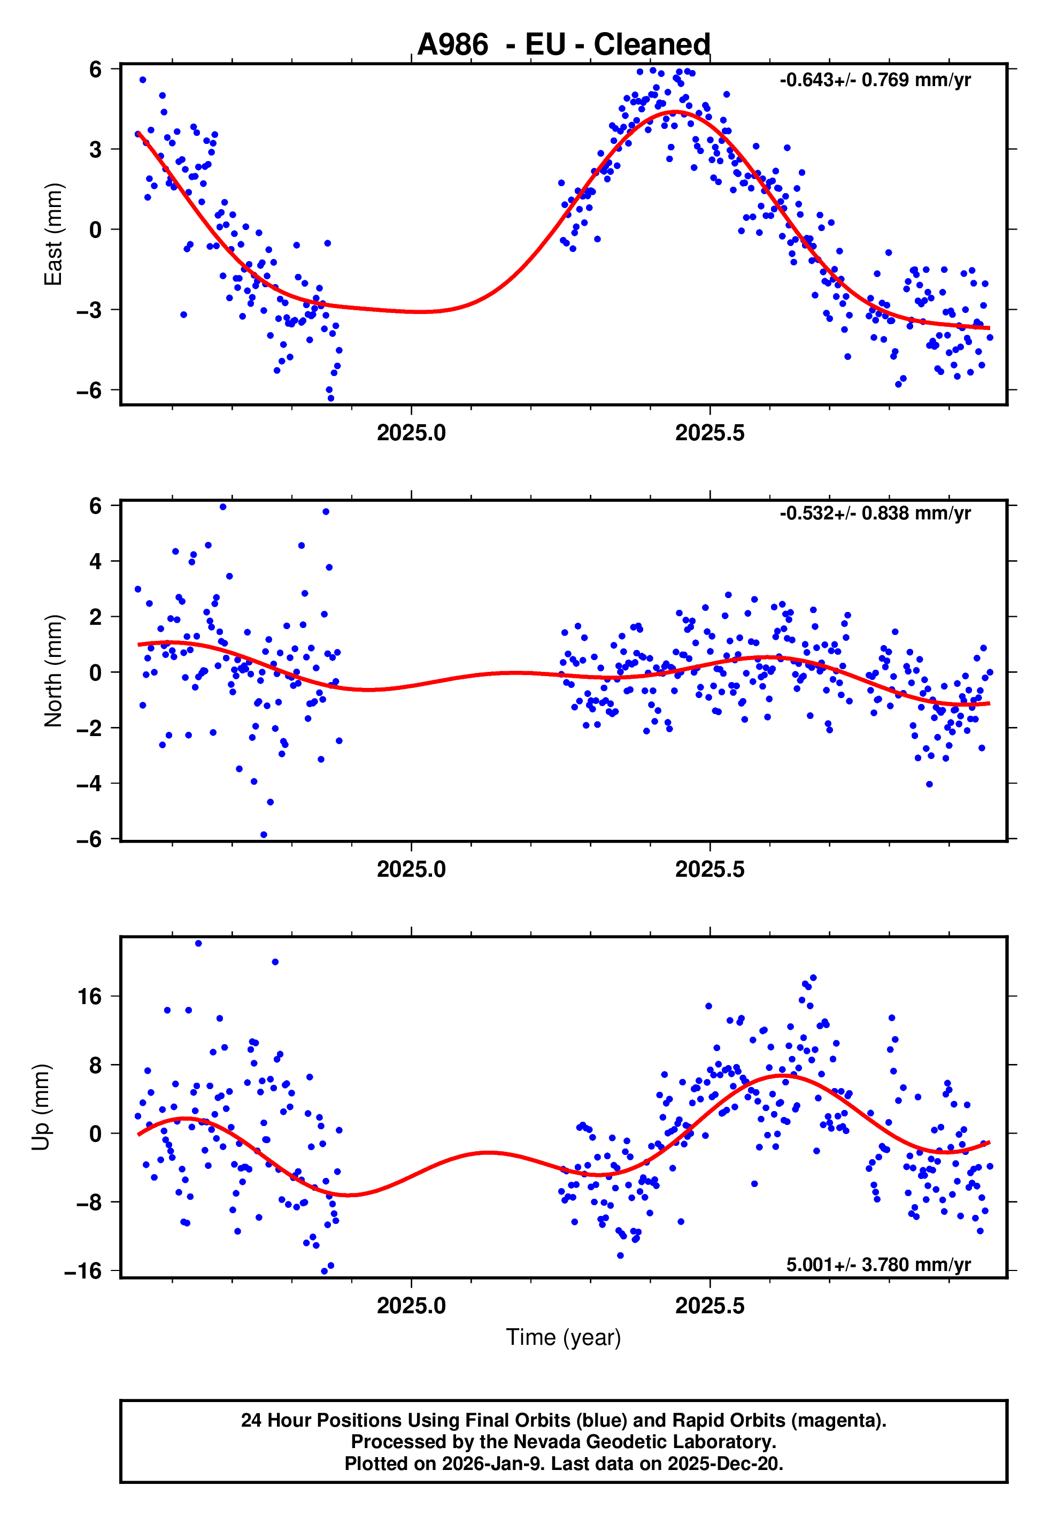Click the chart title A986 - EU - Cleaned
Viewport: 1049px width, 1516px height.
point(564,45)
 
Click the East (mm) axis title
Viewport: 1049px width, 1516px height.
point(53,234)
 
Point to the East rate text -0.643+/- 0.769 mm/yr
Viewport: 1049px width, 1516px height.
point(875,80)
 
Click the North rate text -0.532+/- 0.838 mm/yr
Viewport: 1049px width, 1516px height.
point(875,514)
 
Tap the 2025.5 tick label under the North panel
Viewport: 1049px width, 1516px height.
point(710,869)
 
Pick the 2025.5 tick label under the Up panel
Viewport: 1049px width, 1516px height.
point(710,1306)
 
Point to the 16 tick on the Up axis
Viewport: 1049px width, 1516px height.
point(90,997)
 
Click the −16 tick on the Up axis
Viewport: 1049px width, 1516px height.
point(83,1272)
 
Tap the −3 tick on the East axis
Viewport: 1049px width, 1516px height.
point(89,310)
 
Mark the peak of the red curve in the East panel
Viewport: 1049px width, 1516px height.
point(675,112)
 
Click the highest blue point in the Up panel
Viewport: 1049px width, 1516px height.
point(198,944)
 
